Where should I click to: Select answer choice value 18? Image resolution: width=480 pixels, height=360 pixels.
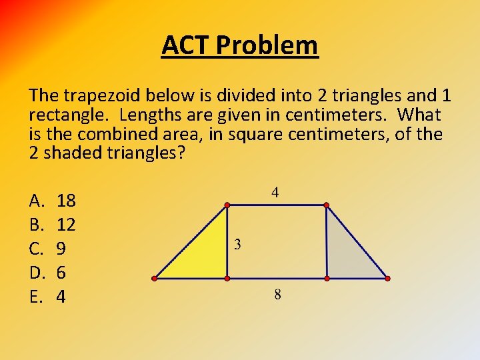(67, 200)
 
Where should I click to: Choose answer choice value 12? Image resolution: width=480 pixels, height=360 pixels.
(67, 225)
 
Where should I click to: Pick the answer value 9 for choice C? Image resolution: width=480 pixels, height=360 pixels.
(61, 249)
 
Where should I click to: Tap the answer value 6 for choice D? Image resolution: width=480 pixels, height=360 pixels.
(61, 273)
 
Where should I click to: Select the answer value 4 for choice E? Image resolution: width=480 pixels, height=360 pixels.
(61, 297)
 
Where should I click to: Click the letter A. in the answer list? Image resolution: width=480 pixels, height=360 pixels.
(37, 200)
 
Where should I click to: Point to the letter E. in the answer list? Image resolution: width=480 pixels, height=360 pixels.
(36, 297)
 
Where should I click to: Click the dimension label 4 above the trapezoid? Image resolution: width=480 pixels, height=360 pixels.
(275, 193)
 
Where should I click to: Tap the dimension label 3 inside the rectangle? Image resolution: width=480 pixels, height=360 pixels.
(238, 245)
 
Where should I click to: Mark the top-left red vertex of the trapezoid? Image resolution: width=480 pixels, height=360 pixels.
(227, 205)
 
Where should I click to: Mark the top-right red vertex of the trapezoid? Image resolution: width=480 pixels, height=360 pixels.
(326, 205)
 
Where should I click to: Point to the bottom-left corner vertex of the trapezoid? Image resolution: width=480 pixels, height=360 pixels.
(154, 277)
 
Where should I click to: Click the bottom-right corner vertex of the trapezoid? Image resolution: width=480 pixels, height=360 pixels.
(387, 277)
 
